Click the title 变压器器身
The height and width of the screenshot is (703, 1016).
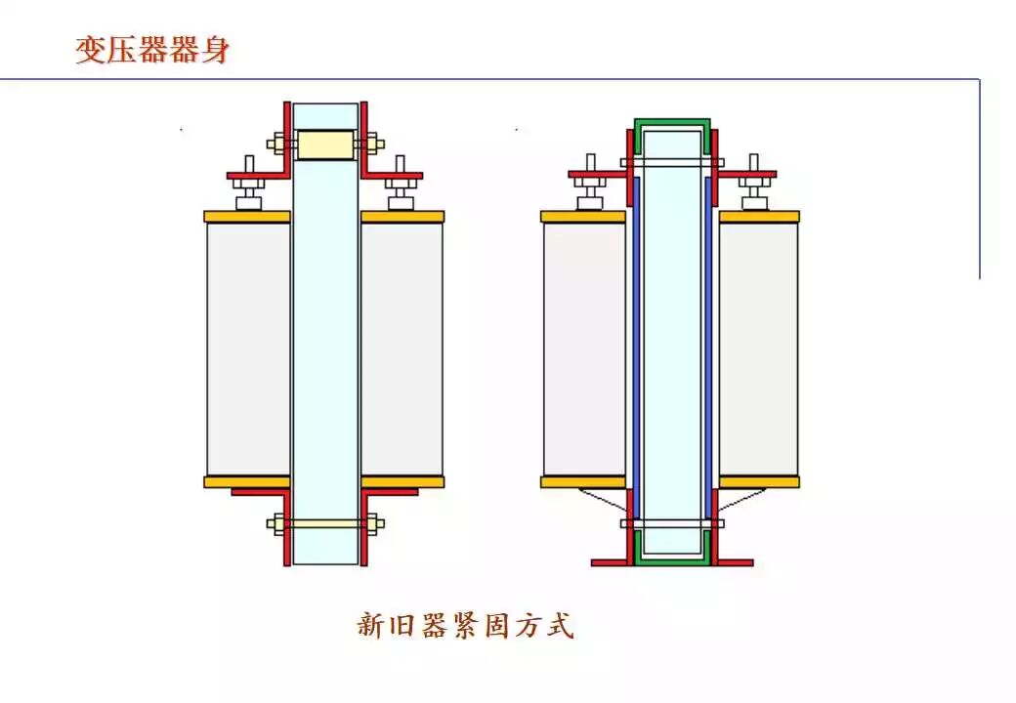coord(152,50)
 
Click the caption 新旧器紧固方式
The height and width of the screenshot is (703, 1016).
coord(465,625)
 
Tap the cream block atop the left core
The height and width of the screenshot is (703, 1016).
coord(325,145)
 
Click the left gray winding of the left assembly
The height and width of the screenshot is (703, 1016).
coord(248,350)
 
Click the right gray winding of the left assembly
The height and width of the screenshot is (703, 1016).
coord(402,350)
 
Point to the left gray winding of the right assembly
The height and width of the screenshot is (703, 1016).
coord(584,350)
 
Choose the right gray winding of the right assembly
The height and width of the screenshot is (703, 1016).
coord(758,350)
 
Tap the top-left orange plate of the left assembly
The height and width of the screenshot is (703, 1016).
coord(247,217)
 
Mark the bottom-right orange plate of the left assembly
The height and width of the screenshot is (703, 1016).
coord(402,481)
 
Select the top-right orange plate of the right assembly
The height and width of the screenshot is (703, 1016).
coord(759,217)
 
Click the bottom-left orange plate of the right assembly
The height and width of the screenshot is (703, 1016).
coord(583,481)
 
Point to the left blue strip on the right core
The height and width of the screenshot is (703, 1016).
coord(637,342)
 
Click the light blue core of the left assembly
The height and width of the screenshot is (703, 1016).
coord(325,342)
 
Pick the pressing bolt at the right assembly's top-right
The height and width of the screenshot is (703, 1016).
coord(753,182)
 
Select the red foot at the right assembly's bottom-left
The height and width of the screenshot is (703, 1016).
coord(612,562)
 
